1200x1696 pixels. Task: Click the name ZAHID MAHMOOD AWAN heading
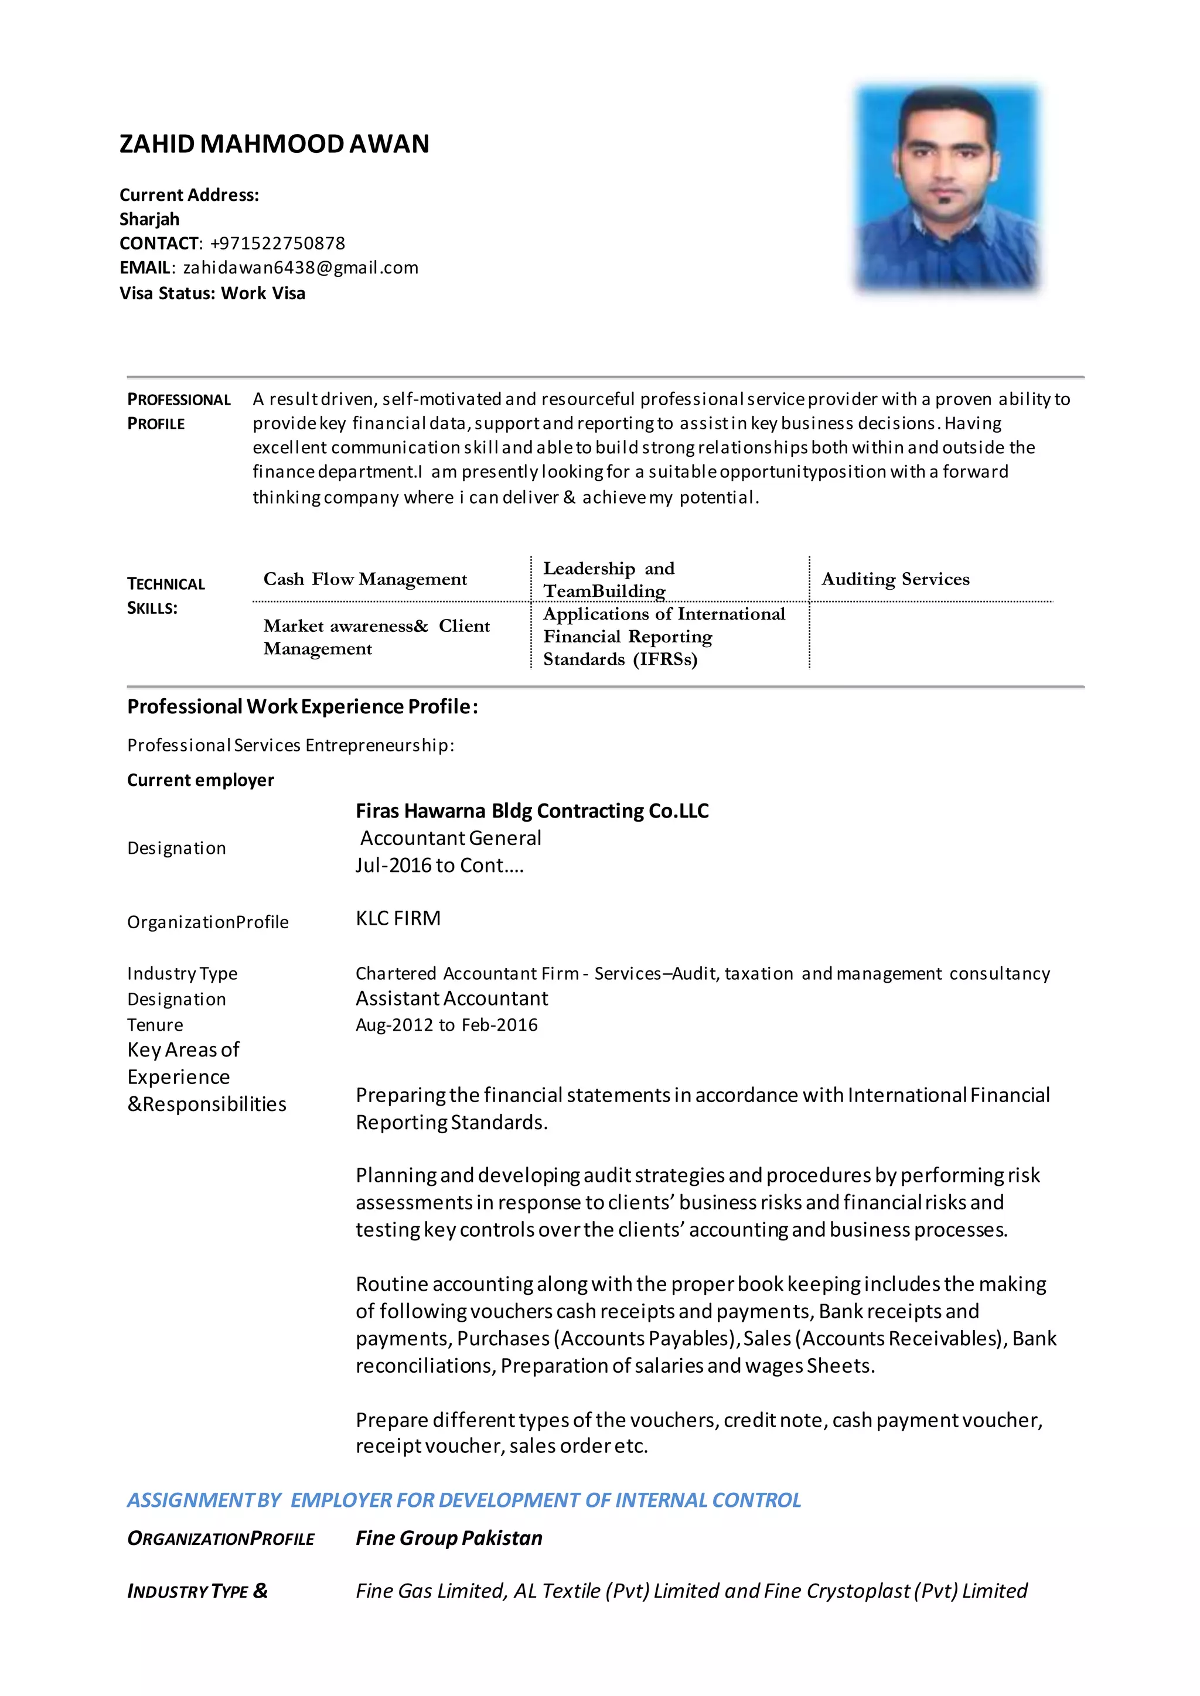274,143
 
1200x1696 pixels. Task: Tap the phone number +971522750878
277,244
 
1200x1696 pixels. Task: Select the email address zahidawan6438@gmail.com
300,268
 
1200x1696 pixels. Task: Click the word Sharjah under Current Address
149,220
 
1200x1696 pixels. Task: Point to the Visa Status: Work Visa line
212,293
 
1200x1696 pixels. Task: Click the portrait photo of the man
947,189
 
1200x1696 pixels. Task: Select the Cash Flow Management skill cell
365,579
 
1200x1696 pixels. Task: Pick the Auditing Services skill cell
895,579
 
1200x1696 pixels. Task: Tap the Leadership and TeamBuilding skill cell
608,579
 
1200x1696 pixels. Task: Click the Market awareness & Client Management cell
376,637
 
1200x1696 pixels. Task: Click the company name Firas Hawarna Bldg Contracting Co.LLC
532,811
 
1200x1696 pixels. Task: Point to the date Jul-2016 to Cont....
439,866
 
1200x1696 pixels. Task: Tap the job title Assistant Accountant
452,999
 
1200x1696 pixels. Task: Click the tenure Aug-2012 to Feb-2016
446,1025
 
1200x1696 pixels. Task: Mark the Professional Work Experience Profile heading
302,707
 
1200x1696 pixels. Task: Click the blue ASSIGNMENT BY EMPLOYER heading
463,1500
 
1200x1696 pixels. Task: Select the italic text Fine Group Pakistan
448,1538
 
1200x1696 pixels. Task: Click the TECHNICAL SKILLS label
165,596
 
